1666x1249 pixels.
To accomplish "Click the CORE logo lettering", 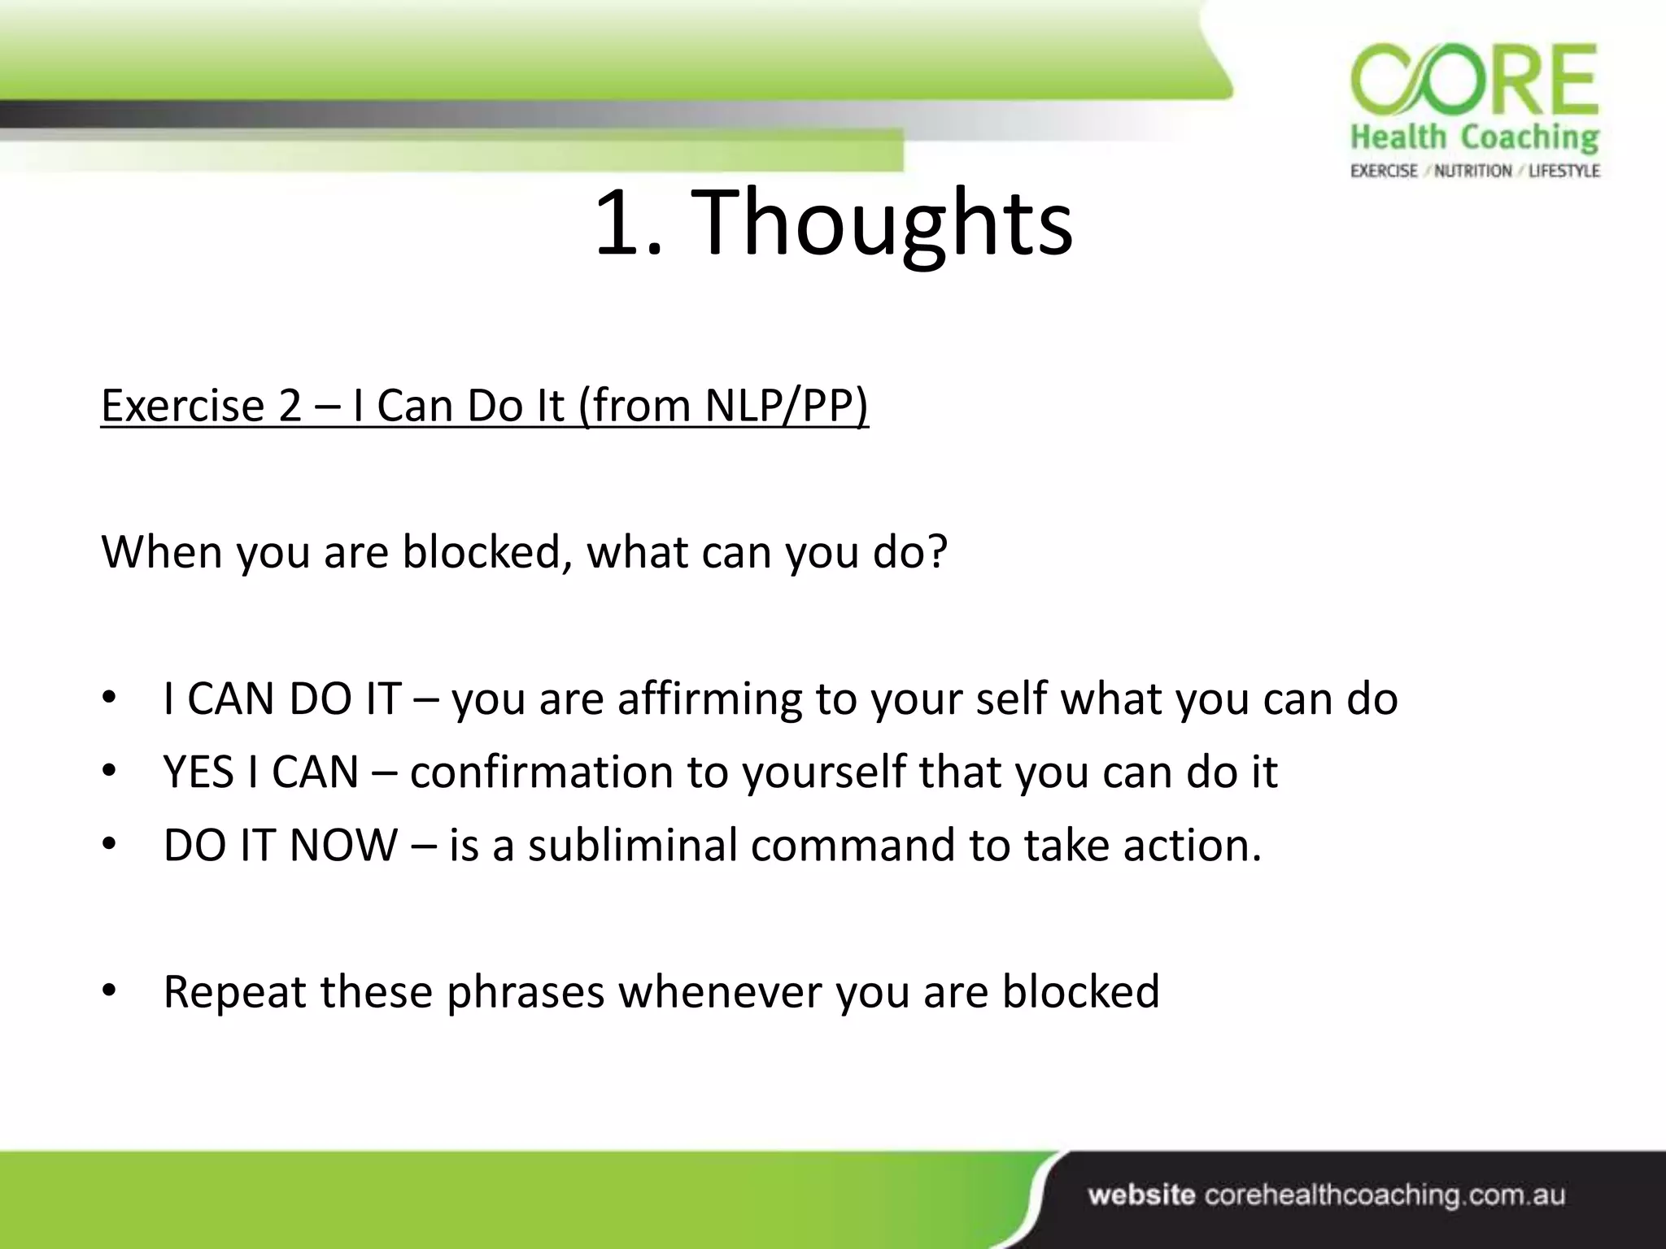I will [1474, 83].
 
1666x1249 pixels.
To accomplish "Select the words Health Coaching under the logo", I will [1474, 137].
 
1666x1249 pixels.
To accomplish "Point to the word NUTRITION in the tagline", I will [1472, 171].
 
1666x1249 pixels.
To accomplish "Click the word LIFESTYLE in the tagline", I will [1564, 171].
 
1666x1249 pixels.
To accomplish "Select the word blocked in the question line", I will [486, 552].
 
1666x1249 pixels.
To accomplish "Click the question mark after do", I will [938, 552].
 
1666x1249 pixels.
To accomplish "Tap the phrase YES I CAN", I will [261, 772].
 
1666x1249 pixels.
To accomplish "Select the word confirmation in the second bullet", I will [541, 772].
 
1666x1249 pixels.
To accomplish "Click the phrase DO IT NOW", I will [280, 845].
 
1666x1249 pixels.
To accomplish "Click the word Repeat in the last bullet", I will [234, 991].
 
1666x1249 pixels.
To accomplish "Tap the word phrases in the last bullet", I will [525, 993].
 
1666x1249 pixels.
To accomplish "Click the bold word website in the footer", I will [1141, 1195].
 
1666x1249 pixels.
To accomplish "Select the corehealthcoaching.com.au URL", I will [1384, 1195].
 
